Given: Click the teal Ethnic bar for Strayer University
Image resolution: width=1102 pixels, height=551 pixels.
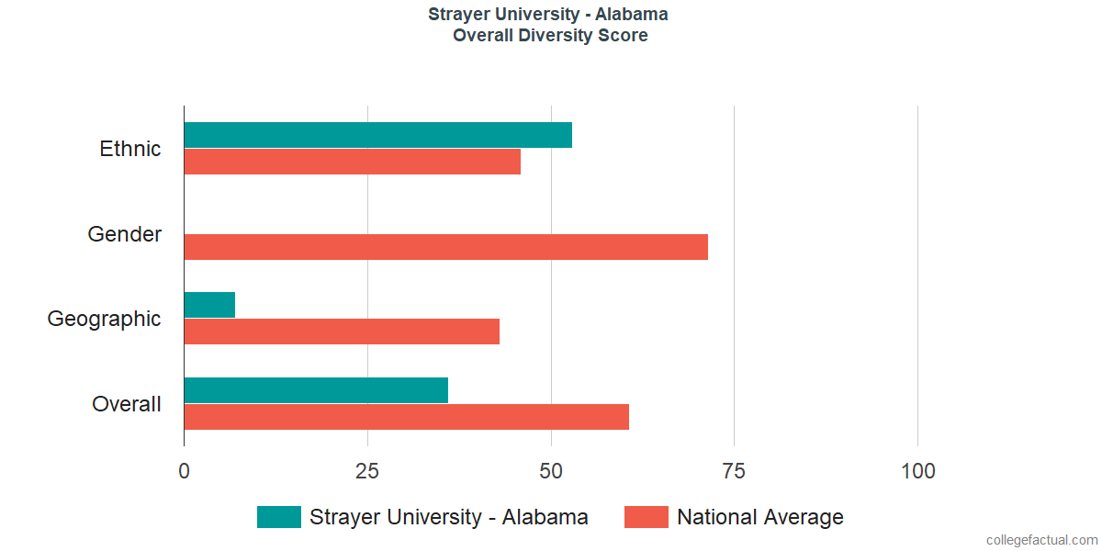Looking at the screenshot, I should point(377,135).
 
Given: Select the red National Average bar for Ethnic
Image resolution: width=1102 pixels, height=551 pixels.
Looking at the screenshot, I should point(352,162).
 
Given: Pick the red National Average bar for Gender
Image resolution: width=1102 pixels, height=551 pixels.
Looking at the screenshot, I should point(445,247).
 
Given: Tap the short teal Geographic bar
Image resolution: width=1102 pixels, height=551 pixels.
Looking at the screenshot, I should point(209,305).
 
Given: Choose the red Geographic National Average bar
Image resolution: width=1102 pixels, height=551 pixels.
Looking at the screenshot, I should point(342,332).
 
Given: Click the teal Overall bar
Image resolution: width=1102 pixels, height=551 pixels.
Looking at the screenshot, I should point(316,390).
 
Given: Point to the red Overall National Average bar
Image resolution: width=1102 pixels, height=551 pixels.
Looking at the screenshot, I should point(406,417).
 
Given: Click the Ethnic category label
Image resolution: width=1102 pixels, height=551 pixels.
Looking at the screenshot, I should point(130,149).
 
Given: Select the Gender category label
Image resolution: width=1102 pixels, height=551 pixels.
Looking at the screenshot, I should point(125,234).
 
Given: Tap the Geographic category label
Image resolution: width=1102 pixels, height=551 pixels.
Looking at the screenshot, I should point(105,319).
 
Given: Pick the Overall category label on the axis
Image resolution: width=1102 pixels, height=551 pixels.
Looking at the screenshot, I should point(127,404).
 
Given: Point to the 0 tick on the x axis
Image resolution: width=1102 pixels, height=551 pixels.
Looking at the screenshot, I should point(185,471).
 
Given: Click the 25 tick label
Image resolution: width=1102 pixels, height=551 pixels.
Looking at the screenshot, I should point(367,471).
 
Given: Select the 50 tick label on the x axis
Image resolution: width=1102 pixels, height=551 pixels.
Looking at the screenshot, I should point(551,471).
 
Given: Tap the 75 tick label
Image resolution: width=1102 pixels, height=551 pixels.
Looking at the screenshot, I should point(734,471).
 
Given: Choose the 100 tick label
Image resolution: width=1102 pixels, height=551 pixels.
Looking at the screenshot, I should point(917,471).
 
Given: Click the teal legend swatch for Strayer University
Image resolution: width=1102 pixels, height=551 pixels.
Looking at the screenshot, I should point(279,517).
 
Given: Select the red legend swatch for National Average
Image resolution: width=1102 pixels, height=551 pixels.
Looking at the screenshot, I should point(647,517).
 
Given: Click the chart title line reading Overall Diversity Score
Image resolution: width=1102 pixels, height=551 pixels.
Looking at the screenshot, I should point(550,36).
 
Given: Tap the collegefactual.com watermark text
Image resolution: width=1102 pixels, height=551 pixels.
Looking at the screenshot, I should point(1041,540).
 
